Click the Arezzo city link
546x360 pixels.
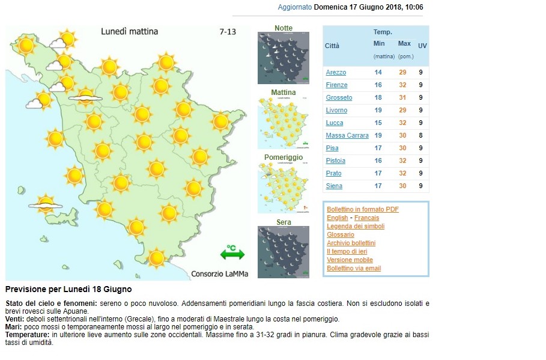coord(336,73)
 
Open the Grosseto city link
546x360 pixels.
coord(339,98)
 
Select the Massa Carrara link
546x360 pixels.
coord(347,136)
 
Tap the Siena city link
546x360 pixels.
coord(334,186)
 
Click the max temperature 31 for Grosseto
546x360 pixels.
coord(403,98)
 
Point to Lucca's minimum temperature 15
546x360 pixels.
coord(378,123)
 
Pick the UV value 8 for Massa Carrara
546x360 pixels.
coord(420,136)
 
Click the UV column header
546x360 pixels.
coord(422,46)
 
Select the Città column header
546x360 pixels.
coord(332,46)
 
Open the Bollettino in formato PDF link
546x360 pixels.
coord(363,209)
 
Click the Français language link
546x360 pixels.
coord(366,218)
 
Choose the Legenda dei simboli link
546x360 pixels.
coord(356,226)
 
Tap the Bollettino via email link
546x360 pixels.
coord(354,268)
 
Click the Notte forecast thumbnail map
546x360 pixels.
coord(284,58)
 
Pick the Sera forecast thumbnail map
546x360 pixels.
coord(284,252)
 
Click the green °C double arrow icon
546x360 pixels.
coord(232,253)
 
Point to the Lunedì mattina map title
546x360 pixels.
coord(129,31)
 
